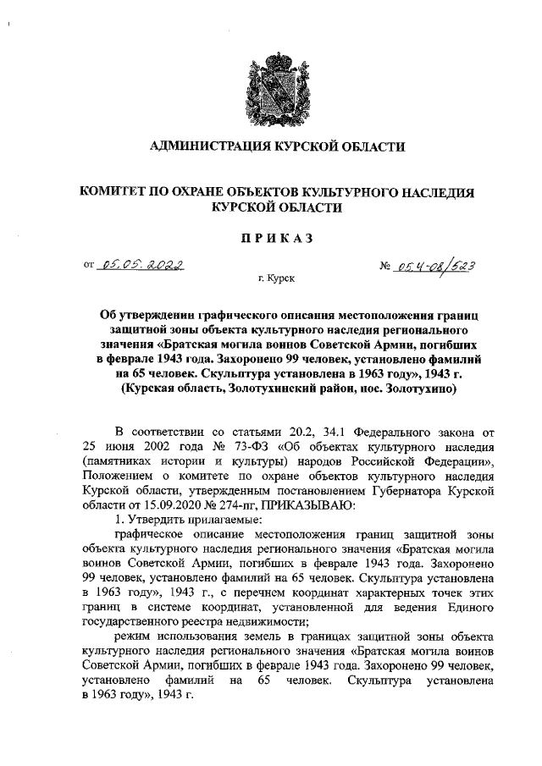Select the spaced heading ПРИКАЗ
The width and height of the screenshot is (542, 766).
[270, 238]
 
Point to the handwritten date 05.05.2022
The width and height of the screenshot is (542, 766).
[143, 265]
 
